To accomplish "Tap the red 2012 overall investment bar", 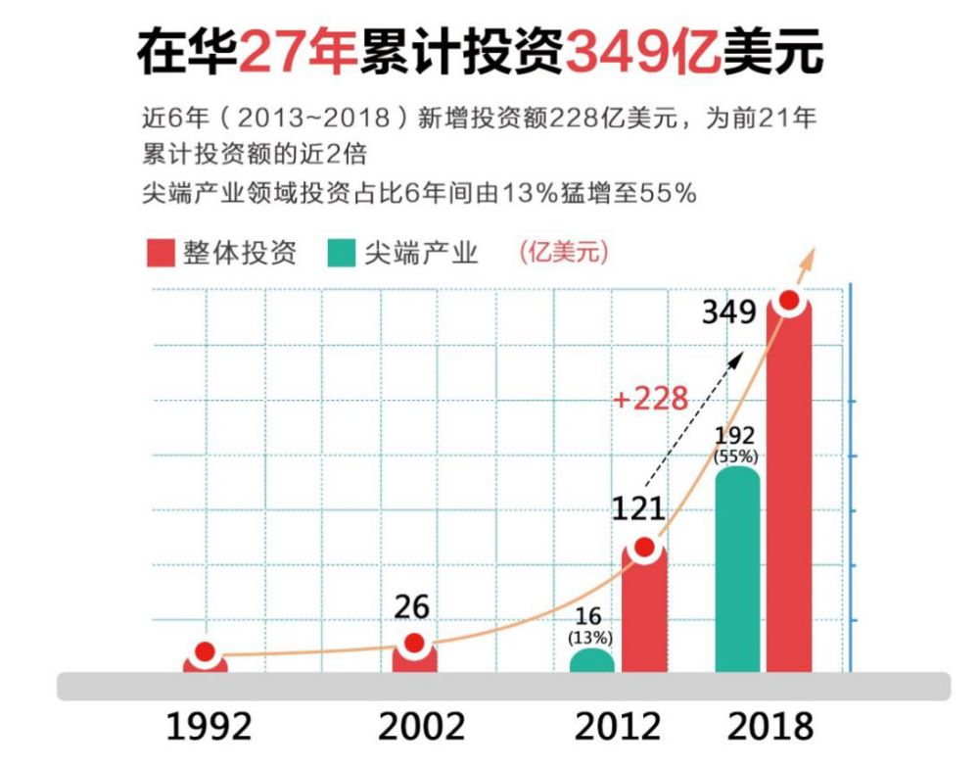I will (x=644, y=612).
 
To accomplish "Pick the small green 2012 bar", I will (x=592, y=662).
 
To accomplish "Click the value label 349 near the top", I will (x=729, y=313).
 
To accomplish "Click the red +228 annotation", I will (x=649, y=399).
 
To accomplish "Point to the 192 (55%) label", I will (x=736, y=445).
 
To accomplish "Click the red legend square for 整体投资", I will (x=160, y=253).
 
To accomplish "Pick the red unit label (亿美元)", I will (x=562, y=252).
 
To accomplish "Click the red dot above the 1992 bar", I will (x=205, y=652).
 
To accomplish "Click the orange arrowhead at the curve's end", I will (x=809, y=257).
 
